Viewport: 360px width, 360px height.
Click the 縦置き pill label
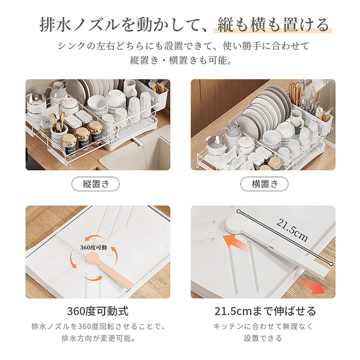(x=96, y=184)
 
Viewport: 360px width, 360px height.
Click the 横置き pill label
(x=264, y=184)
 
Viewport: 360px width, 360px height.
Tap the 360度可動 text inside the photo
(x=94, y=247)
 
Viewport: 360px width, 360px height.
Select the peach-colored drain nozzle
(x=108, y=269)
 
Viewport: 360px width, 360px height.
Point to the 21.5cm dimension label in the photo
(x=292, y=230)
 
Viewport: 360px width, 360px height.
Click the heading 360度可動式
(x=98, y=312)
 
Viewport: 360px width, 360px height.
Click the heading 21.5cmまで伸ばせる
(x=265, y=312)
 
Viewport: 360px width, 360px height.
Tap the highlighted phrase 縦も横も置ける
(x=273, y=25)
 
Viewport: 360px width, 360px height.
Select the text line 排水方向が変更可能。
(x=98, y=338)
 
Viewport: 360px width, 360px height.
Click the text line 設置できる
(x=263, y=338)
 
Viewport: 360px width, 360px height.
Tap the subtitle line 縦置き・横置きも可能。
(x=181, y=60)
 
